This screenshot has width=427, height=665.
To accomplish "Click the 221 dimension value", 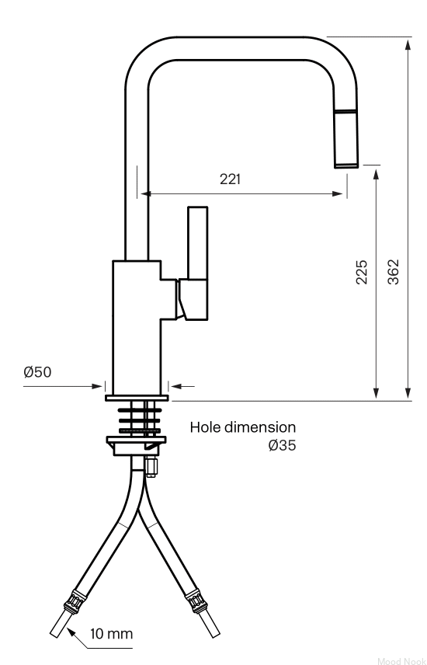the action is point(231,179).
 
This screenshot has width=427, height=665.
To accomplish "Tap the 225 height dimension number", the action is point(362,272).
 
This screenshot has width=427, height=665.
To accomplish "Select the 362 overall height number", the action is point(394,272).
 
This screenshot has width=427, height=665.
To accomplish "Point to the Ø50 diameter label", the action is point(37,372).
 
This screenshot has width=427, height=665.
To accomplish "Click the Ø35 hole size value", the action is point(282,445).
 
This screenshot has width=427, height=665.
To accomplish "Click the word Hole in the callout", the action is point(205,427).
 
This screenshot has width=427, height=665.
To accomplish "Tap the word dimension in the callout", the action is point(260,427).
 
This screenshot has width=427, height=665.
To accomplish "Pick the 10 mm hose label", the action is point(111,634).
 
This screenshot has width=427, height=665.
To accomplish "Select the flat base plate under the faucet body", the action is point(137,398).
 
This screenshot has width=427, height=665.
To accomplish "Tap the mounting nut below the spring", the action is point(136,445).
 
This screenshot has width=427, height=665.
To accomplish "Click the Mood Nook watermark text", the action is point(401,661).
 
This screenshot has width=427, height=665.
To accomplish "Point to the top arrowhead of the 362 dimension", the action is point(408,44).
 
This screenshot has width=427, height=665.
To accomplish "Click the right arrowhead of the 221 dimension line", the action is point(338,193).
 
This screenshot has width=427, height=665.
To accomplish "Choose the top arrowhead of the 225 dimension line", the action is point(376,175).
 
